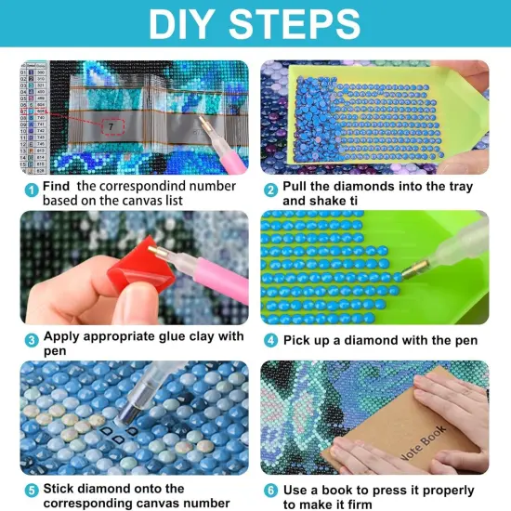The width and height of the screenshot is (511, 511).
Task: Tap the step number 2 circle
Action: pyautogui.click(x=270, y=190)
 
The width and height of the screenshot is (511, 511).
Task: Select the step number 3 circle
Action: pyautogui.click(x=30, y=339)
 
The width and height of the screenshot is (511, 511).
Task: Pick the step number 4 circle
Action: pyautogui.click(x=270, y=339)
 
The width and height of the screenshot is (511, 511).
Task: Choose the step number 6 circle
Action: pyautogui.click(x=270, y=490)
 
